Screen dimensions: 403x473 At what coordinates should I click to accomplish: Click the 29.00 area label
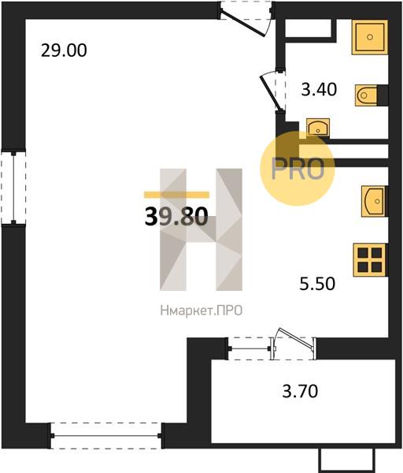coord(64,50)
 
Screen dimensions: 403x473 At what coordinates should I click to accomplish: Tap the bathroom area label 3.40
coord(319,90)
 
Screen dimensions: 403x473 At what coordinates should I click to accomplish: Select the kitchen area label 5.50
coord(317,284)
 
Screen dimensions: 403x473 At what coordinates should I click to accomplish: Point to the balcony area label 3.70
coord(300,391)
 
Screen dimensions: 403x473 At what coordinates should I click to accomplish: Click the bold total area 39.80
coord(176,216)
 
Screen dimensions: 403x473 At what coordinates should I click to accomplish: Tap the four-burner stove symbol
coord(370,260)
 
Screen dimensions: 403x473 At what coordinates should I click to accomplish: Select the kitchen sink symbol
coord(374,201)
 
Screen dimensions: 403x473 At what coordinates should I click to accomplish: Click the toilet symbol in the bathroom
coord(366,95)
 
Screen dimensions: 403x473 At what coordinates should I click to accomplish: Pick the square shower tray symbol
coord(370,37)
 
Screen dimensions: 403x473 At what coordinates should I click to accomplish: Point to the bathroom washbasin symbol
coord(318,127)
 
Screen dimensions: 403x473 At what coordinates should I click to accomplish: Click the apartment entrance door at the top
coord(246,18)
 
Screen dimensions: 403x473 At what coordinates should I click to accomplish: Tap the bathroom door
coord(273,91)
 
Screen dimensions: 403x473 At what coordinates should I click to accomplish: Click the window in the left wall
coord(13,188)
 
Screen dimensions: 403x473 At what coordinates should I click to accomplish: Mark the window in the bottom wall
coord(106,436)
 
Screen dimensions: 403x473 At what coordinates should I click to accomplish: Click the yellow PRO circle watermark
coord(298,169)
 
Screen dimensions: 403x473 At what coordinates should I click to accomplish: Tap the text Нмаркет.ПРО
coord(201,311)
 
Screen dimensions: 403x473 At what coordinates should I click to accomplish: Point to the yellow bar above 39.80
coord(176,195)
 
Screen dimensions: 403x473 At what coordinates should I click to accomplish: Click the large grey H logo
coord(201,229)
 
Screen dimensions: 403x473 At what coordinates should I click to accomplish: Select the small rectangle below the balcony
coord(347,460)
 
